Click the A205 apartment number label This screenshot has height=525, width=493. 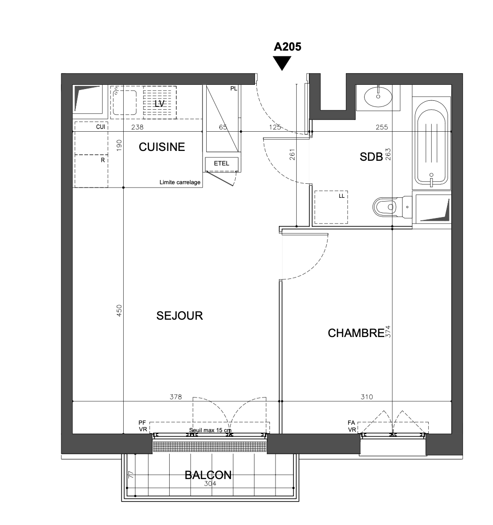287,46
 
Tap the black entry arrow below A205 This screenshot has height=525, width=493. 282,63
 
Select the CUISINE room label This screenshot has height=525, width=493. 162,147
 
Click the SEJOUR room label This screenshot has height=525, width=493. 179,316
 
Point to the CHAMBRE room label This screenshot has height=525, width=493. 356,333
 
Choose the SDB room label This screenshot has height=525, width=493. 371,157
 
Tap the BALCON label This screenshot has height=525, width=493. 208,475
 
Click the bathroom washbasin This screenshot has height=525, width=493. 378,97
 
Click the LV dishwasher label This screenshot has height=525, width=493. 159,104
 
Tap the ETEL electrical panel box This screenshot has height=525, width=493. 222,164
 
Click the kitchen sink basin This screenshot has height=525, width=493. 125,102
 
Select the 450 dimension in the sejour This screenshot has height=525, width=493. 119,310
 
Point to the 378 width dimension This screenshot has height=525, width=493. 176,397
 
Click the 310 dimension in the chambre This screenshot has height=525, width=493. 367,397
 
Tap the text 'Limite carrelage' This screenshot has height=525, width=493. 180,182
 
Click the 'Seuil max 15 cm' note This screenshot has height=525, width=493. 210,430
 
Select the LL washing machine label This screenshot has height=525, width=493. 341,196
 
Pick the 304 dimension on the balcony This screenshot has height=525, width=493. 210,483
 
